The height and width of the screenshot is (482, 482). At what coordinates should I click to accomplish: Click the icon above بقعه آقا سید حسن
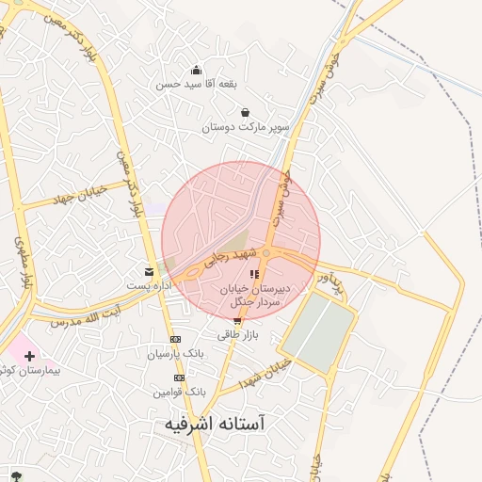(196, 70)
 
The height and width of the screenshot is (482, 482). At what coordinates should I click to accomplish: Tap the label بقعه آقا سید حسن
(197, 84)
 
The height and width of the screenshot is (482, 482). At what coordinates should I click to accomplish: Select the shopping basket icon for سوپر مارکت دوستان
(245, 112)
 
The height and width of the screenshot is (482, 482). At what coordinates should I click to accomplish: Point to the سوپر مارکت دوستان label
(245, 126)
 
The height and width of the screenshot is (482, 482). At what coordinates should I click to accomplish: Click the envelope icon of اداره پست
(148, 271)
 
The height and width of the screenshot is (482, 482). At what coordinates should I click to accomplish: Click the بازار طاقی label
(237, 334)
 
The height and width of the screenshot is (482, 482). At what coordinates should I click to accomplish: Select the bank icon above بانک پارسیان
(175, 339)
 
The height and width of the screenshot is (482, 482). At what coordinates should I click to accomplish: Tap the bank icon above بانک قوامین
(175, 375)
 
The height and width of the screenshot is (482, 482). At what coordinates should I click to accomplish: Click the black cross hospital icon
(30, 357)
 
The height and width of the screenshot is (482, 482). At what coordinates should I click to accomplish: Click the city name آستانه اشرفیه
(216, 426)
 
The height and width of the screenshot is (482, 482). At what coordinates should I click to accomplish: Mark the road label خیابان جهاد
(77, 198)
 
